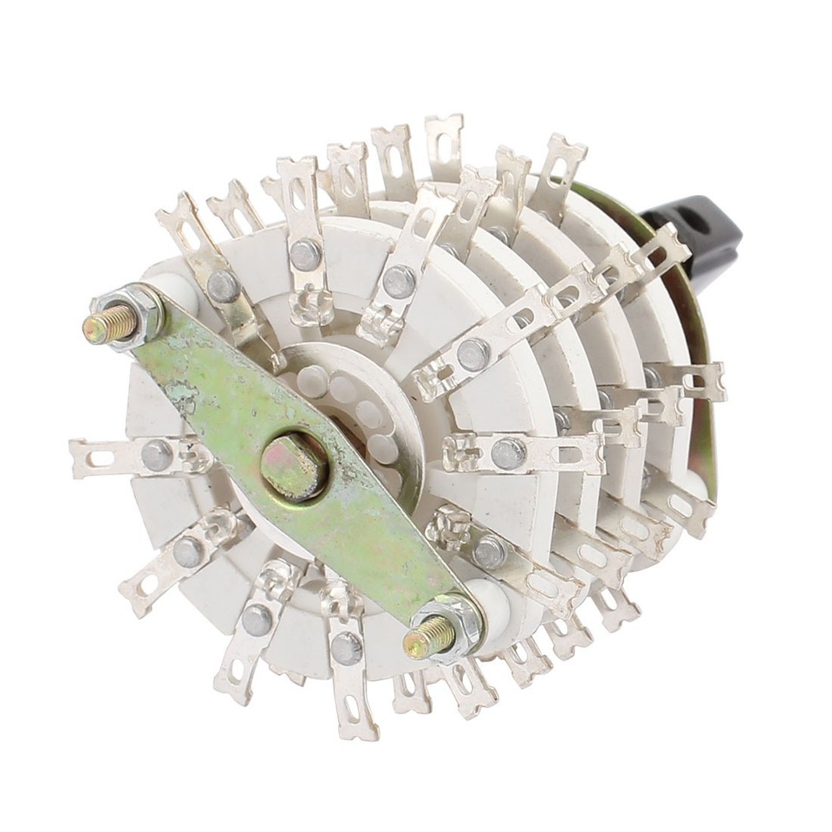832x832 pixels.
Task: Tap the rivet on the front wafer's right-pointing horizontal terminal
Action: [x=508, y=453]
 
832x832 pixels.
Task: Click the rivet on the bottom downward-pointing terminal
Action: [x=346, y=648]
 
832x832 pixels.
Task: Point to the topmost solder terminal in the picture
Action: [x=444, y=139]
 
